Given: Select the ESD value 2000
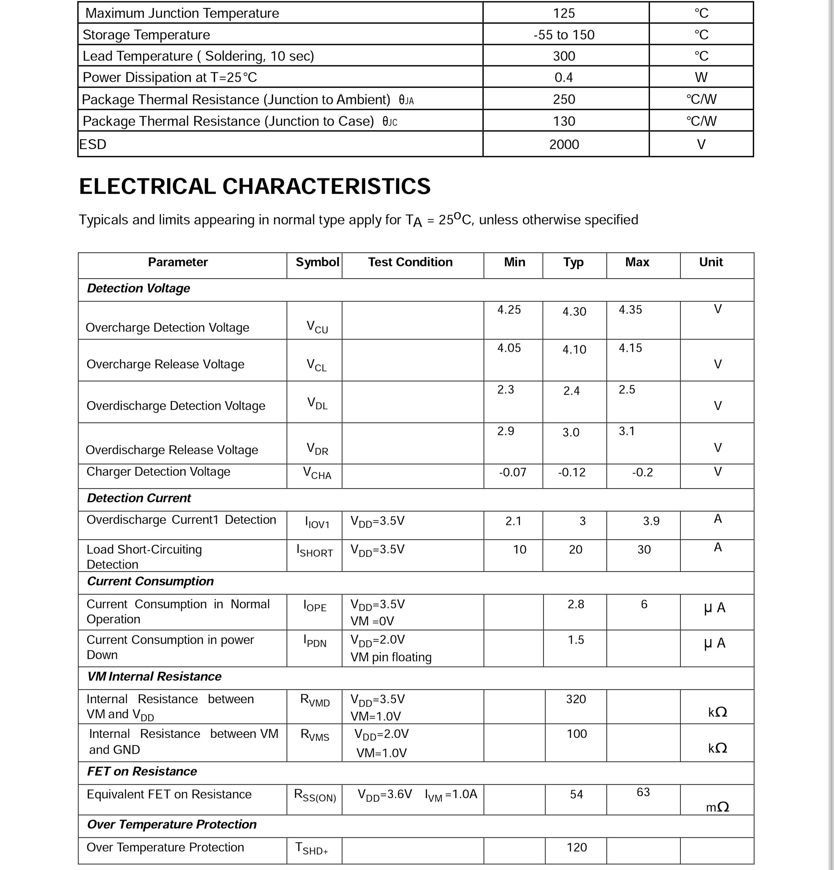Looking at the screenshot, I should (564, 145).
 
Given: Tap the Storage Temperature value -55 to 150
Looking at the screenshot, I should (564, 35).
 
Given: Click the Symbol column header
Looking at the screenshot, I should (317, 262).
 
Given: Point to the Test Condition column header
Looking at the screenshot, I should (410, 262).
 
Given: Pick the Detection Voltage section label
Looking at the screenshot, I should (138, 288).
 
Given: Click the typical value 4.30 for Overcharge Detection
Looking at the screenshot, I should (574, 312).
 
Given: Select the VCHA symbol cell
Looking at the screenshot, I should (317, 473).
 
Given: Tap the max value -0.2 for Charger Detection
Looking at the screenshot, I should (642, 472).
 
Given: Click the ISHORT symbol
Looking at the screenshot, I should (314, 551).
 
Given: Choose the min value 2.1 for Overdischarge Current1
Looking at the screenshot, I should (513, 521).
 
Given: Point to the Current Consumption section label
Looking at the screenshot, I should (150, 582).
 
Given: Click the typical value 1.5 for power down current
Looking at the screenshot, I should (576, 640).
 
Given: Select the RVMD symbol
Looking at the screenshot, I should (315, 700).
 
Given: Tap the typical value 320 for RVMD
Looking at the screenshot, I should (576, 699).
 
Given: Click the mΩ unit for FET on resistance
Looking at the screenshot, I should (717, 807).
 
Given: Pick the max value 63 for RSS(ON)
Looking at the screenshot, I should (643, 792).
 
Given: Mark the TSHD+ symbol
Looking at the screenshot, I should (312, 849).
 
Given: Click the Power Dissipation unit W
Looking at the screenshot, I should (701, 78).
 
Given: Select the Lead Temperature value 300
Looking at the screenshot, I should (564, 56).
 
